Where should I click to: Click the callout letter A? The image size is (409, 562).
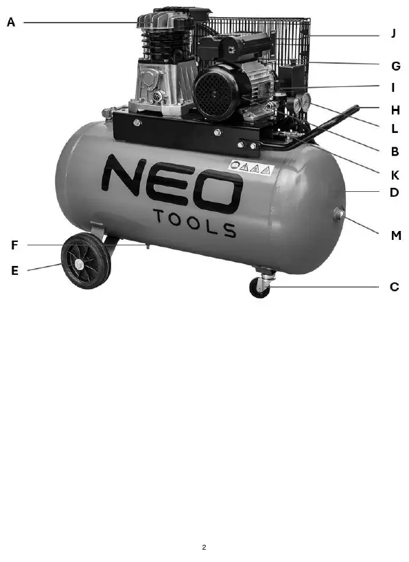click(11, 22)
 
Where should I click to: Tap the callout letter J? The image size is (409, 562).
click(394, 34)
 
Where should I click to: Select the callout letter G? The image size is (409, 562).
click(395, 66)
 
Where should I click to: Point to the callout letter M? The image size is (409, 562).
click(396, 236)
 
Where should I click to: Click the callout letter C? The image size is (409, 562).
click(395, 286)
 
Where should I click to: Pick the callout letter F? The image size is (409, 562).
click(14, 245)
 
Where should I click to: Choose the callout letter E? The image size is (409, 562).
click(14, 270)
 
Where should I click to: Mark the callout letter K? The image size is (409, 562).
click(395, 175)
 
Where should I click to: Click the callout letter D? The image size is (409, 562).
click(395, 193)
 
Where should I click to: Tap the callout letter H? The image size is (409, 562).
click(395, 110)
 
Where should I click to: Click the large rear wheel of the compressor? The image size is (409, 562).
click(86, 260)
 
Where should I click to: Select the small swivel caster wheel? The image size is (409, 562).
click(259, 288)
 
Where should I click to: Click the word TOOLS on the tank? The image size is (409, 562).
click(195, 223)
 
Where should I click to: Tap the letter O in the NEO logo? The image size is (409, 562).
click(218, 193)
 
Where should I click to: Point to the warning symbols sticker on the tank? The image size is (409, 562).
click(250, 167)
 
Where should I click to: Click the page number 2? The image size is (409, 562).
click(204, 547)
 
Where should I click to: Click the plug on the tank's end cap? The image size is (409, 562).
click(339, 215)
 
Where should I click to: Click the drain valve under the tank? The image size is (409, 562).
click(148, 246)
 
